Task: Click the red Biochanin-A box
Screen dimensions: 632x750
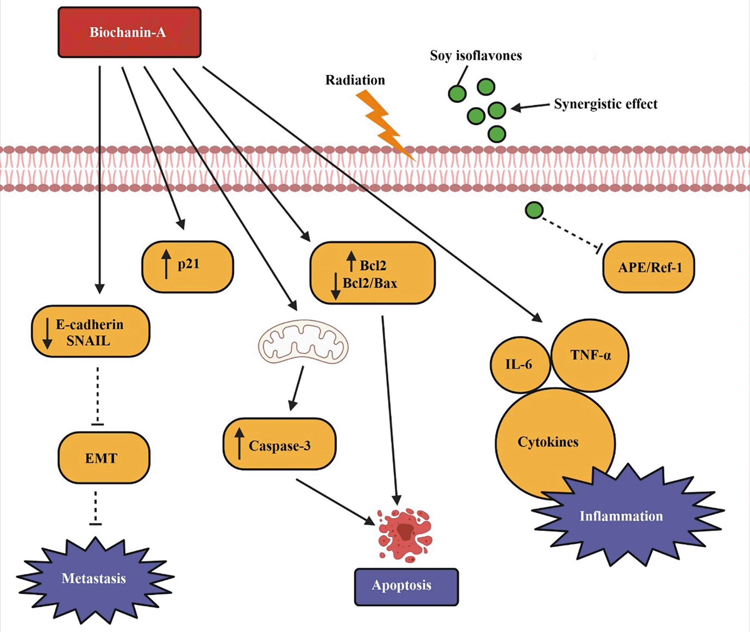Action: [x=129, y=32]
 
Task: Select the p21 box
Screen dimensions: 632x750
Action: [x=187, y=266]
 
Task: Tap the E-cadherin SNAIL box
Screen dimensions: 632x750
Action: [x=91, y=332]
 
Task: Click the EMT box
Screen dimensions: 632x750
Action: [x=104, y=458]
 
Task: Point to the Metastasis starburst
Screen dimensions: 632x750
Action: [x=94, y=578]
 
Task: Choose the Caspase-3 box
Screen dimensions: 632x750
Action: [x=279, y=444]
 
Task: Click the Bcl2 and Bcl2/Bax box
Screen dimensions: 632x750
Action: [x=372, y=273]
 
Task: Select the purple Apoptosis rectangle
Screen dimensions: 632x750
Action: [x=406, y=586]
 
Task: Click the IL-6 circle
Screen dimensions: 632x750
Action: [x=520, y=365]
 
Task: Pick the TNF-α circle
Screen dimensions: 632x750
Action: [x=590, y=355]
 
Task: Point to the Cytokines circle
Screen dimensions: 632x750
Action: [x=548, y=442]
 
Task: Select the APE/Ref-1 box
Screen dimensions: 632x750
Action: [x=649, y=267]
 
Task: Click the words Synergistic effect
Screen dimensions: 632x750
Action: [x=605, y=104]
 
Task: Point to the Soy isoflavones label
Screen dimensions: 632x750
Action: [x=476, y=56]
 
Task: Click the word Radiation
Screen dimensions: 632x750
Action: [x=355, y=80]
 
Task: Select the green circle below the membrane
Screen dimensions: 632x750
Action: [x=534, y=210]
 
